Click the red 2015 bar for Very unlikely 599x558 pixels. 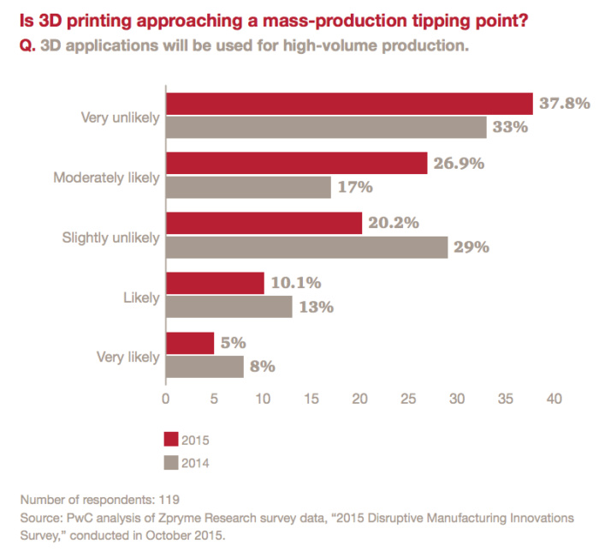349,103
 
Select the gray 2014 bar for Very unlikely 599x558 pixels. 326,127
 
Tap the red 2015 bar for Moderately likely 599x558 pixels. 296,163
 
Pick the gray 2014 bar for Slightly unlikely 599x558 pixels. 306,247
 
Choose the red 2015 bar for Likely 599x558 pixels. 215,283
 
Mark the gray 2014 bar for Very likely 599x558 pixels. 205,367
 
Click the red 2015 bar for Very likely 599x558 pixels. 190,343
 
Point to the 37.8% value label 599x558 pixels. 565,103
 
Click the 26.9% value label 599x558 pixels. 459,163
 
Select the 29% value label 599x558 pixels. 471,247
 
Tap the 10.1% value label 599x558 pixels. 296,283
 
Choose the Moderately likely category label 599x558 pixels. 107,177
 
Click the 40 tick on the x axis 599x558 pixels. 555,399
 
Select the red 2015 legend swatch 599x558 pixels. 171,440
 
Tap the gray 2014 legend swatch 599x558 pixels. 171,463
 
